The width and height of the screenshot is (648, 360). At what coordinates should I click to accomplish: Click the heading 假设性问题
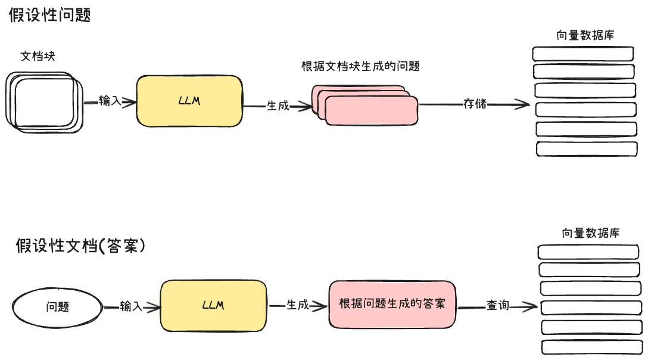pyautogui.click(x=49, y=15)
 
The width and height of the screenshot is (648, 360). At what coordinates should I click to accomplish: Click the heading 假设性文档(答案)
pyautogui.click(x=80, y=245)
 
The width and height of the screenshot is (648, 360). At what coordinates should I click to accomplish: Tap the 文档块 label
pyautogui.click(x=38, y=56)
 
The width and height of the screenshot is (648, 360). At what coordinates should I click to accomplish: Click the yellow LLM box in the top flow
pyautogui.click(x=189, y=101)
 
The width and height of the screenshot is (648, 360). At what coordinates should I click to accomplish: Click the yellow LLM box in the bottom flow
pyautogui.click(x=213, y=305)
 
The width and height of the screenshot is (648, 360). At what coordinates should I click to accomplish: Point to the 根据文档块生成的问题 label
pyautogui.click(x=360, y=66)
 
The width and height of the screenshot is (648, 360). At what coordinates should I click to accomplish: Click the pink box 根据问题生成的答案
pyautogui.click(x=391, y=305)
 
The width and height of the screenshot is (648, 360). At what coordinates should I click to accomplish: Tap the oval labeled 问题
pyautogui.click(x=57, y=307)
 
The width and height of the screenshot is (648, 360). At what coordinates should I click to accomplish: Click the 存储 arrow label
pyautogui.click(x=475, y=104)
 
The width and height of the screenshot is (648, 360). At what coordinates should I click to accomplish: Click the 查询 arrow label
pyautogui.click(x=497, y=306)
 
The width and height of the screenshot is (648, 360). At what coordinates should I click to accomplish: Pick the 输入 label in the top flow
pyautogui.click(x=110, y=101)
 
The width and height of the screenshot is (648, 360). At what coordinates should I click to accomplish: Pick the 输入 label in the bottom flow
pyautogui.click(x=131, y=306)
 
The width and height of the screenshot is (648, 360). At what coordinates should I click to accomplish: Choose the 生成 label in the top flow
pyautogui.click(x=278, y=105)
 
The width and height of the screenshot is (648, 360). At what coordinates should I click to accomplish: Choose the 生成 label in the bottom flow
pyautogui.click(x=298, y=305)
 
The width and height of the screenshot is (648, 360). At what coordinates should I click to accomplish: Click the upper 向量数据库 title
pyautogui.click(x=585, y=35)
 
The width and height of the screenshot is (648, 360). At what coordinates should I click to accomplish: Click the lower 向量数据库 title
pyautogui.click(x=590, y=233)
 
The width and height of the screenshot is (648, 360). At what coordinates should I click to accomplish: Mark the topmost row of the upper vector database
pyautogui.click(x=582, y=53)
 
